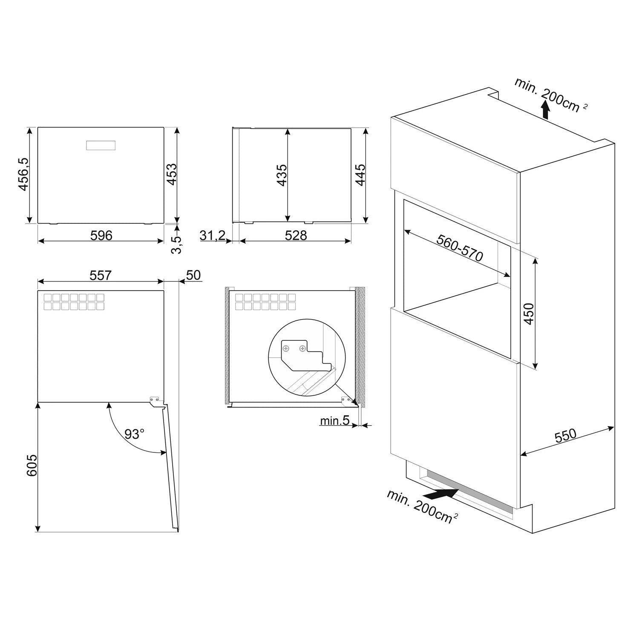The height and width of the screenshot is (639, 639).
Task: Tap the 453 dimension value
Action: [x=171, y=174]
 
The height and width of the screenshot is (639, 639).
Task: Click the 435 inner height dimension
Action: [x=282, y=175]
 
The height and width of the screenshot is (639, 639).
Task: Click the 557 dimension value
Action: [x=101, y=275]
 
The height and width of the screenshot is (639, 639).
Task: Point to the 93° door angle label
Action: [x=135, y=434]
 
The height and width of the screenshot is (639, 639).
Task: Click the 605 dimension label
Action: [x=32, y=466]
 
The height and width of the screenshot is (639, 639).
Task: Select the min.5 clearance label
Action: [x=335, y=420]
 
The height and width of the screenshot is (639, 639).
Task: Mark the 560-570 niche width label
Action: [x=460, y=248]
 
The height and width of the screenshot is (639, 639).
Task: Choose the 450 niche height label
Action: [x=529, y=314]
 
